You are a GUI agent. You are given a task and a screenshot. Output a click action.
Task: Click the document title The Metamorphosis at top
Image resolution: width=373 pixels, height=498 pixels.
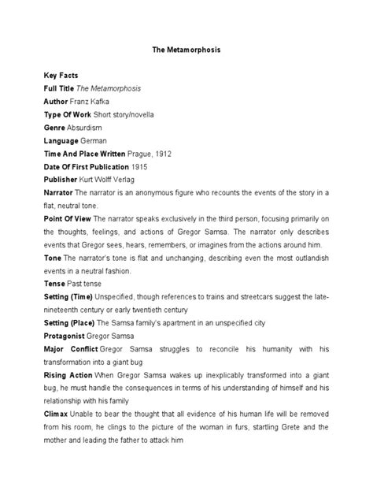(186, 49)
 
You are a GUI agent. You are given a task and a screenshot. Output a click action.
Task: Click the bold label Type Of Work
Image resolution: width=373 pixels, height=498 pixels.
(67, 115)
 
